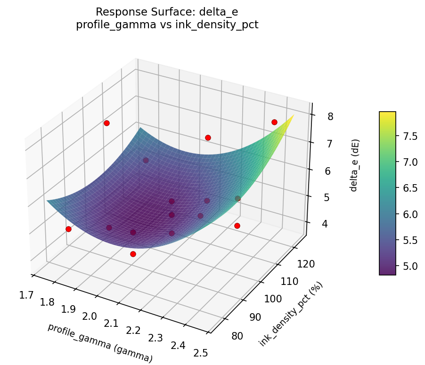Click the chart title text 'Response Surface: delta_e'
pos(167,11)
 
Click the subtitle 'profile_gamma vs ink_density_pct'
pos(167,25)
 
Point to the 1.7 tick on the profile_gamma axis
pos(26,296)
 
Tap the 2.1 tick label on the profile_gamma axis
pos(112,324)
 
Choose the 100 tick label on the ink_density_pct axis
pos(274,300)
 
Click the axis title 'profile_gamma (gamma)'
pos(100,343)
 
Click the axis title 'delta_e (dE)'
pos(354,165)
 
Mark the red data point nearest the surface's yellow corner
pos(274,122)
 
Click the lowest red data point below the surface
pos(133,254)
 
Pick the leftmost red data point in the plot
pos(68,229)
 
